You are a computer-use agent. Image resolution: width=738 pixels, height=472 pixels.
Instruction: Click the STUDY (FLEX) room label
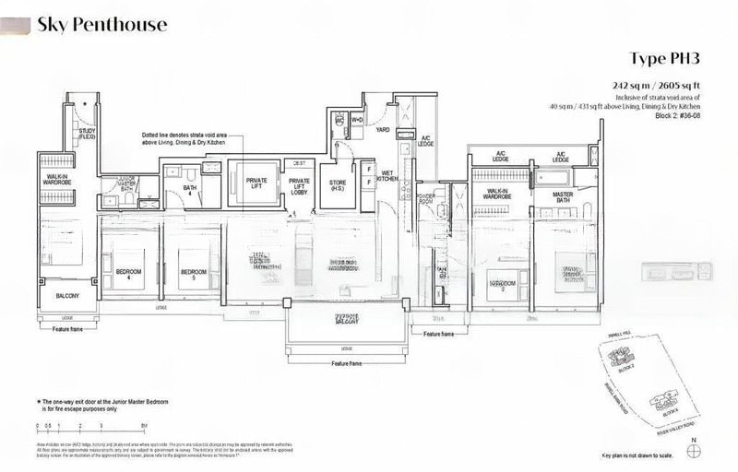pos(88,134)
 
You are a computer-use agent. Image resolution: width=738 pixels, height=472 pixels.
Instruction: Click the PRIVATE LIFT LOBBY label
pos(299,185)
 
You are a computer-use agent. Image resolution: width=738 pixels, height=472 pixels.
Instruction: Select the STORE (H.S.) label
pos(339,185)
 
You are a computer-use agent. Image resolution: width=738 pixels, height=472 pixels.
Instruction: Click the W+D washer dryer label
pos(357,120)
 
